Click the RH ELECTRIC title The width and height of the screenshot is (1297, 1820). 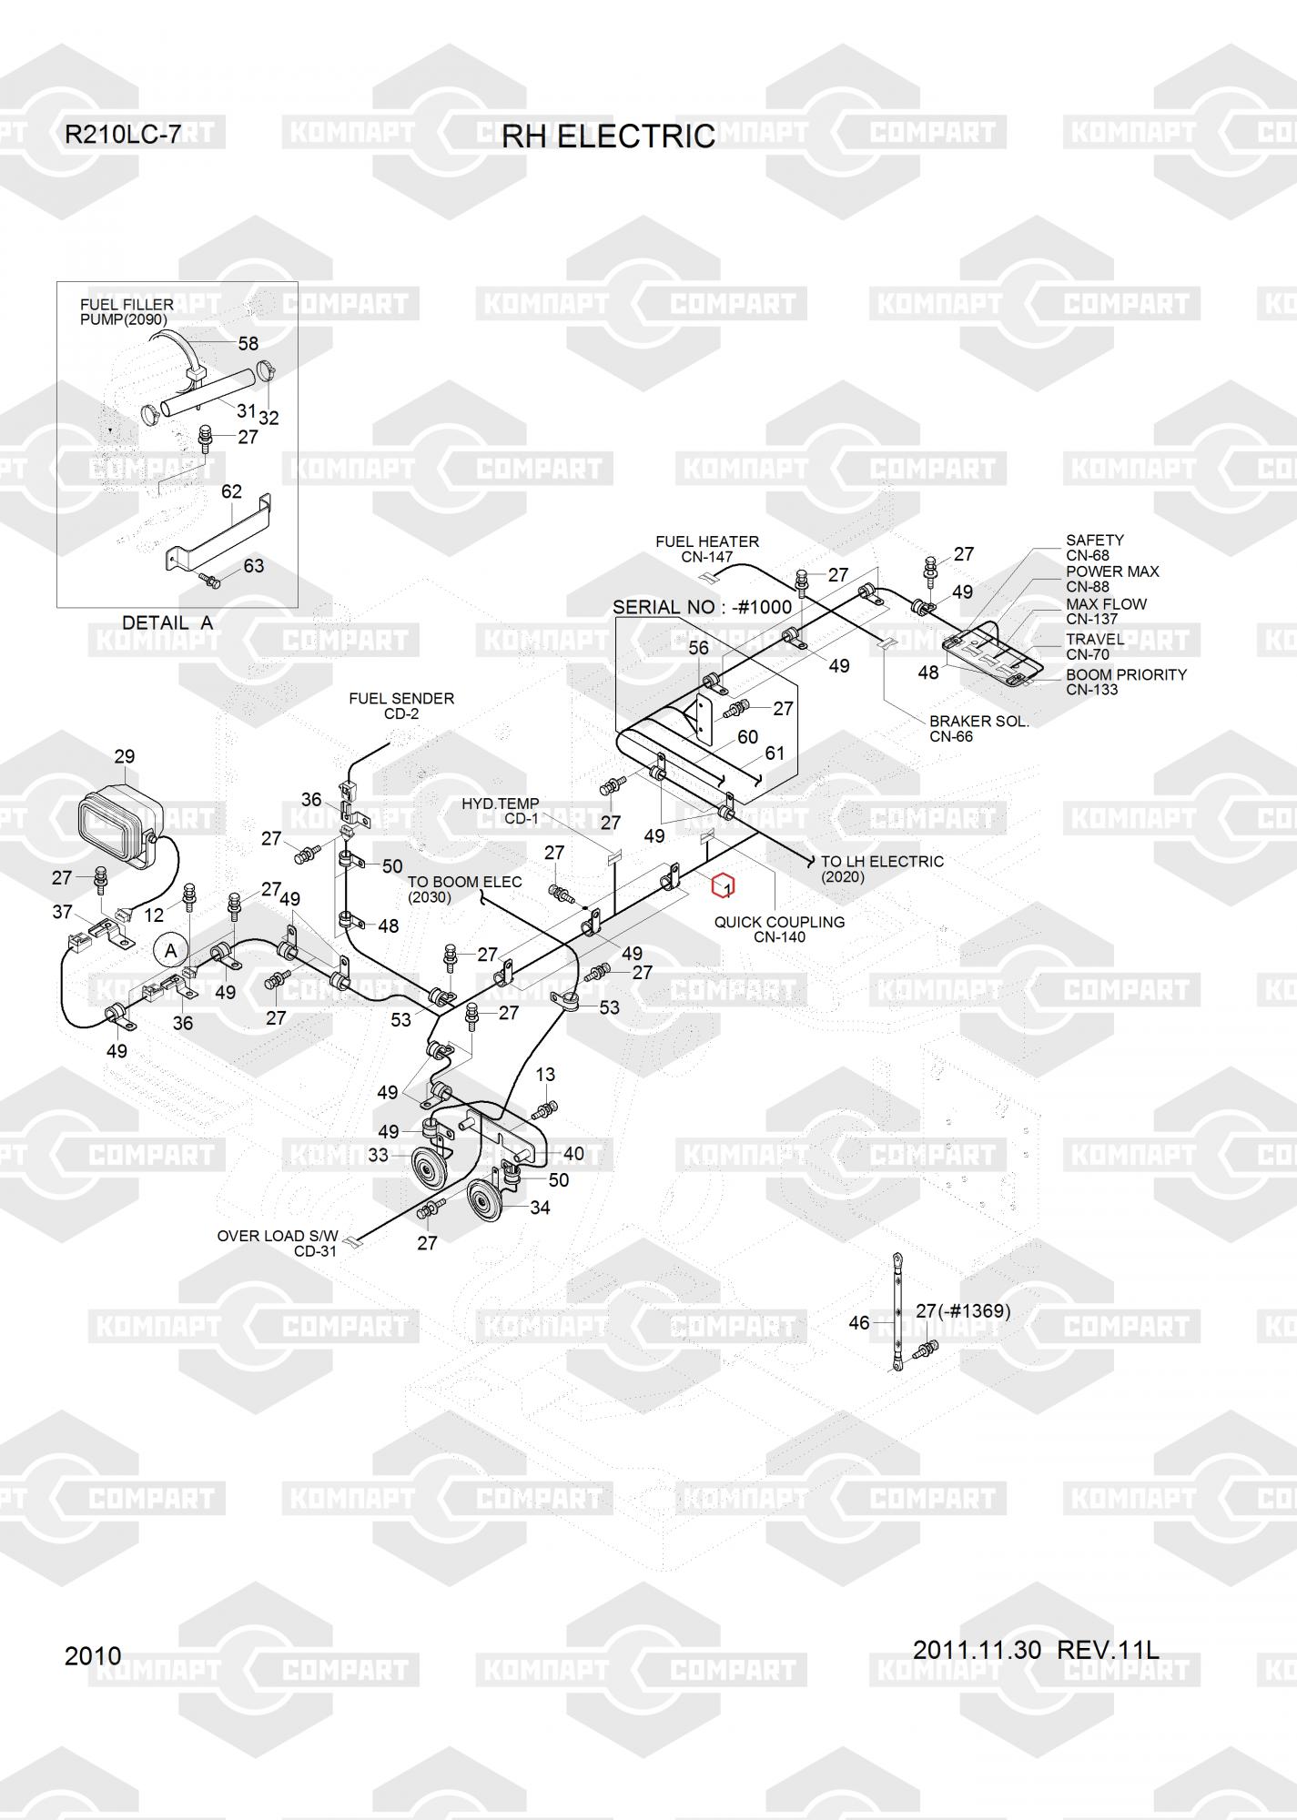(x=608, y=136)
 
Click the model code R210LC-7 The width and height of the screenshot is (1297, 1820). (x=122, y=136)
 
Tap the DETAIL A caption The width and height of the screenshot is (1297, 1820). (x=167, y=623)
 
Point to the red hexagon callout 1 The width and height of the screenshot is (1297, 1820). (x=724, y=885)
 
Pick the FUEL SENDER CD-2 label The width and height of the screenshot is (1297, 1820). (x=401, y=706)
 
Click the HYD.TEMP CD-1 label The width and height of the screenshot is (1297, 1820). (x=501, y=811)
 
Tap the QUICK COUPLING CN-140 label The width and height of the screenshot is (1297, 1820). (x=779, y=929)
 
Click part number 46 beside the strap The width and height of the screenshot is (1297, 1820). (x=858, y=1323)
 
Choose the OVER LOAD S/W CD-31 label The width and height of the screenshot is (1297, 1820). (x=278, y=1243)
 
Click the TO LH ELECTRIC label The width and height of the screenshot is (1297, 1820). (x=881, y=869)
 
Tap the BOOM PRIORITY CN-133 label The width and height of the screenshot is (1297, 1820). (x=1126, y=682)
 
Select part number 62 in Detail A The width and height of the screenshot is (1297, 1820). (x=232, y=492)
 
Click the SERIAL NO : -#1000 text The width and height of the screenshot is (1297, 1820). (x=702, y=607)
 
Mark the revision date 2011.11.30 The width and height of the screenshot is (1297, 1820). (x=977, y=1650)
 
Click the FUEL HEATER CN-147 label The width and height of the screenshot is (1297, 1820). (x=707, y=549)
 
